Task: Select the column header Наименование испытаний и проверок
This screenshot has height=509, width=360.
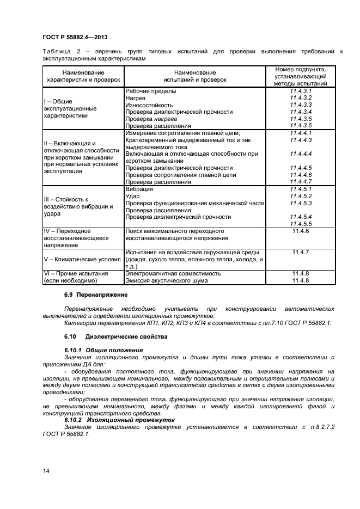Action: click(x=194, y=76)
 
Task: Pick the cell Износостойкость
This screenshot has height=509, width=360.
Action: click(x=149, y=105)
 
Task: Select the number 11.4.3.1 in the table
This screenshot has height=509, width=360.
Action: click(x=301, y=90)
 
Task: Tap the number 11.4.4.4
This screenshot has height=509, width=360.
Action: click(x=301, y=154)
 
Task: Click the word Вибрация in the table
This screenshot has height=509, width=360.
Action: click(x=139, y=189)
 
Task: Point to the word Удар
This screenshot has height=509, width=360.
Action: click(x=133, y=196)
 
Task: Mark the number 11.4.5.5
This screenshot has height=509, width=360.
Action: click(x=301, y=224)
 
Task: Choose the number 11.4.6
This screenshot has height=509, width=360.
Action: click(x=301, y=231)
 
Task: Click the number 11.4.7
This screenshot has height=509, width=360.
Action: click(x=301, y=252)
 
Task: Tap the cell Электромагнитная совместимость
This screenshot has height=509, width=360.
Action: click(x=173, y=273)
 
